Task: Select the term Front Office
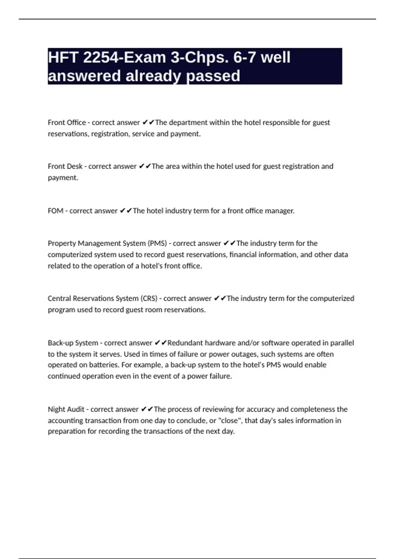[66, 123]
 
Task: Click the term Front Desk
[65, 166]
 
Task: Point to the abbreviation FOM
[55, 211]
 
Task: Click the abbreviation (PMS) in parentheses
[157, 243]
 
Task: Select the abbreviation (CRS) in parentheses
[149, 299]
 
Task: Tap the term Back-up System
[73, 343]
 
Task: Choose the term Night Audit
[66, 409]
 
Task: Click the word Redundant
[185, 343]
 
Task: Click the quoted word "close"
[230, 421]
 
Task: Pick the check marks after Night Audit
[147, 409]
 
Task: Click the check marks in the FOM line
[126, 211]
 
